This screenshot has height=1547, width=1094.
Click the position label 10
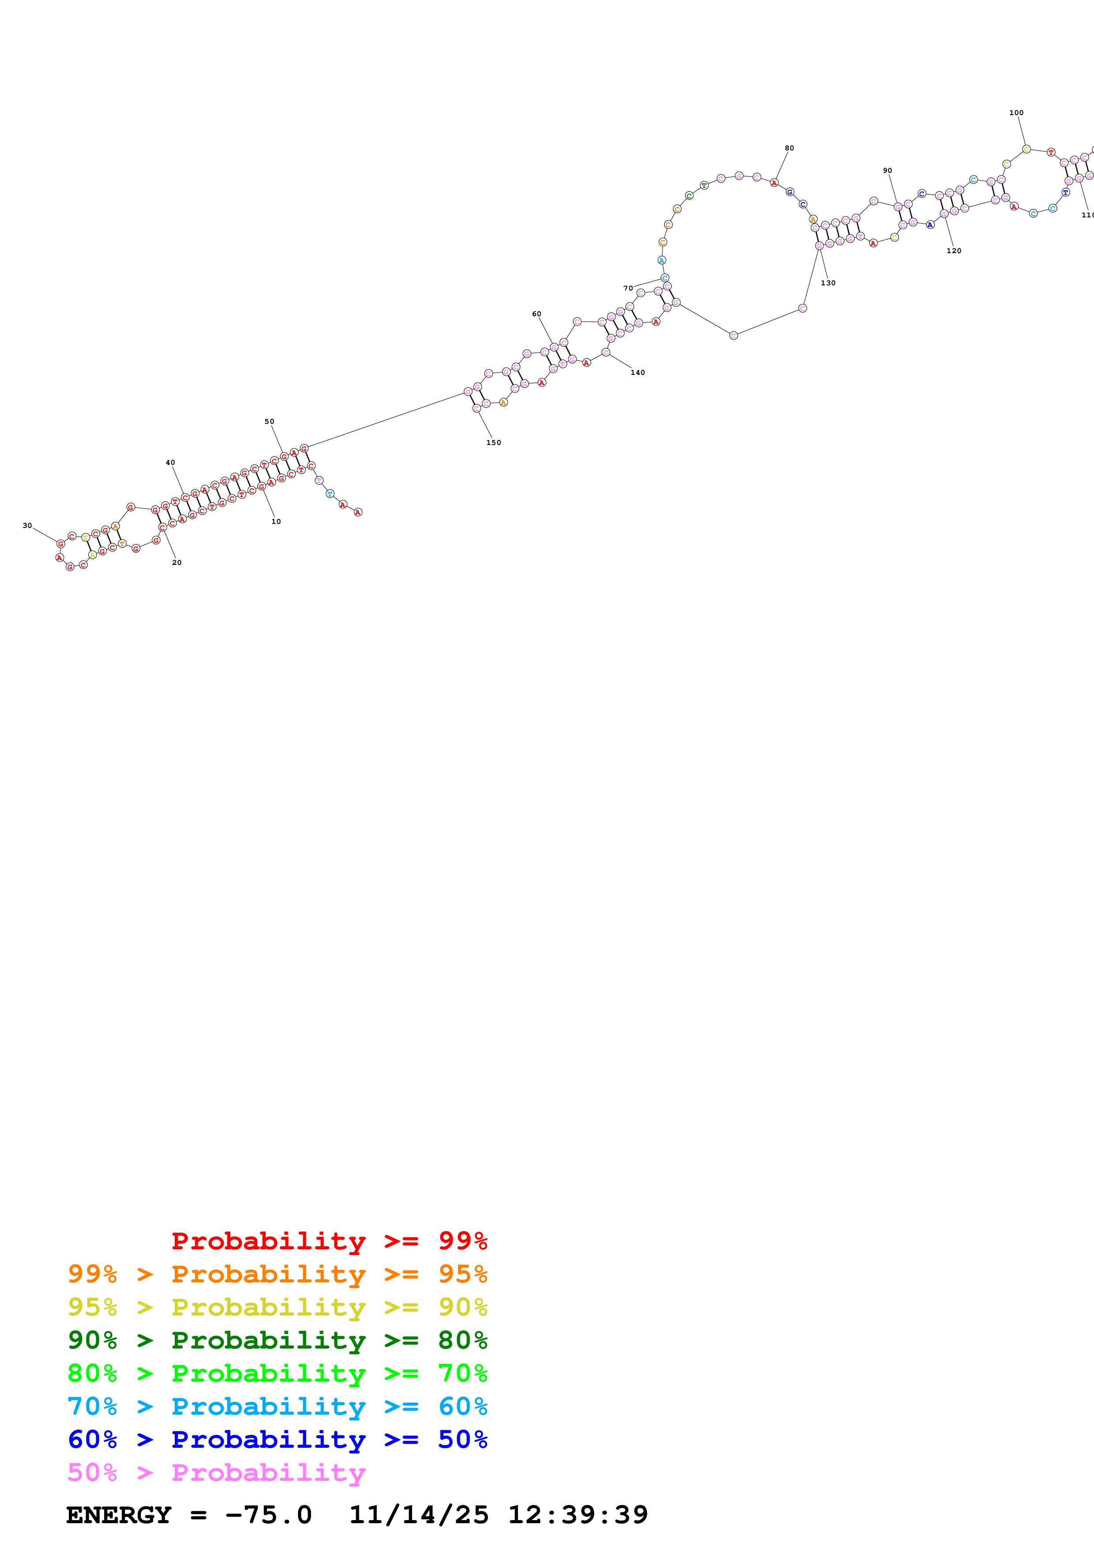(x=276, y=522)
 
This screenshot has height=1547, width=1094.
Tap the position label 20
(x=177, y=563)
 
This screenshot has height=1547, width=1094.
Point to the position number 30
(x=27, y=526)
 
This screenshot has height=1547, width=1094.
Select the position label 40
(x=170, y=463)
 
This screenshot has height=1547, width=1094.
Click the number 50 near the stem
(x=269, y=422)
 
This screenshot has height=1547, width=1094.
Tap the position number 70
(x=628, y=288)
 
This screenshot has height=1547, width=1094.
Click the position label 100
(x=1016, y=113)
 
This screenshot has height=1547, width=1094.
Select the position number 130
(x=828, y=284)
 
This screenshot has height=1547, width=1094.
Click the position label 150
(x=493, y=443)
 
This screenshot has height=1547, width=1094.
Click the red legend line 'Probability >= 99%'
(x=329, y=1241)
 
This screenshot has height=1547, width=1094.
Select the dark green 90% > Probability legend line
(x=277, y=1340)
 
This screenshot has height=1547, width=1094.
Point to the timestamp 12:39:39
(x=578, y=1515)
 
